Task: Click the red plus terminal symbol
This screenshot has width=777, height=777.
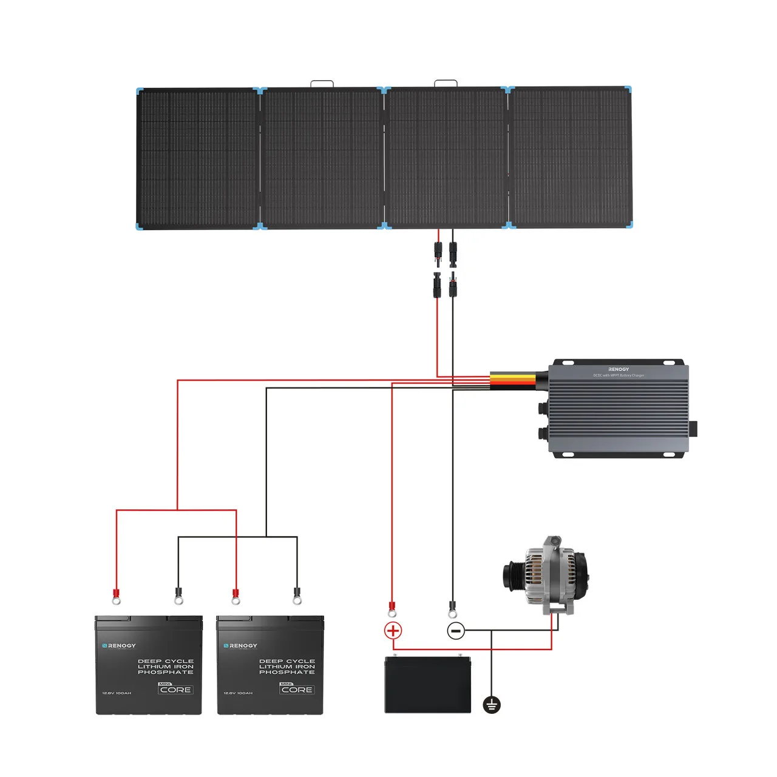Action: click(393, 630)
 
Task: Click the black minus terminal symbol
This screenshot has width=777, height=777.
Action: click(456, 631)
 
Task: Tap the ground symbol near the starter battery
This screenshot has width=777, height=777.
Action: click(492, 705)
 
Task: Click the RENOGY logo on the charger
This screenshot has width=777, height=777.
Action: click(619, 369)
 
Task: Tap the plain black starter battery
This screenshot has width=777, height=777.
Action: click(428, 685)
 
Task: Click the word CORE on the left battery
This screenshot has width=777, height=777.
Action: click(176, 690)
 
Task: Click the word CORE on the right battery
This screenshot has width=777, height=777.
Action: click(297, 690)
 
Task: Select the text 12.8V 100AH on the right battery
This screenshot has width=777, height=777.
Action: click(238, 693)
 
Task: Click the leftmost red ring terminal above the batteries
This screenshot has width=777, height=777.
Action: click(116, 596)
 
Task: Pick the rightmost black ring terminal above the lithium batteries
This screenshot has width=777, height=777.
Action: click(297, 596)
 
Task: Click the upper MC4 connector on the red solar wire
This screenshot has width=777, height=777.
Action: click(437, 253)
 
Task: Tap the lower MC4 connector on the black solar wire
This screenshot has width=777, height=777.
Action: click(452, 285)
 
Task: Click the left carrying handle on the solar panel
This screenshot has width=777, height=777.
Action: click(322, 83)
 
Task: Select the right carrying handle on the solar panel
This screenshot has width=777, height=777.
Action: click(446, 83)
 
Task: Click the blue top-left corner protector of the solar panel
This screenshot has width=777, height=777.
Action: click(140, 91)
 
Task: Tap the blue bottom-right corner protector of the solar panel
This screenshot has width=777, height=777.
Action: click(629, 225)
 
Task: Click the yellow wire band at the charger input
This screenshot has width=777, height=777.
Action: click(513, 381)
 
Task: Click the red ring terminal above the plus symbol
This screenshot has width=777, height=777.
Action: click(392, 609)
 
